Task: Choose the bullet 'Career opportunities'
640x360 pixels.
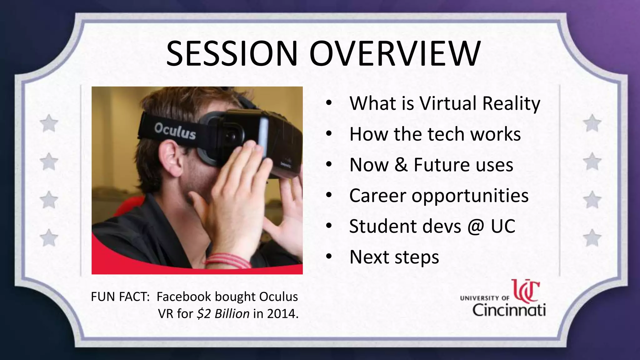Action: pos(439,196)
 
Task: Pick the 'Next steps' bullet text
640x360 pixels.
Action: pos(394,257)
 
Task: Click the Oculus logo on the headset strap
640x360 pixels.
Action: pos(175,131)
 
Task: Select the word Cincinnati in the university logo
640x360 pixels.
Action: pos(509,310)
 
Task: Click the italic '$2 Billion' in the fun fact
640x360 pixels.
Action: pos(223,313)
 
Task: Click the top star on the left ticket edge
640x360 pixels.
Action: pos(49,123)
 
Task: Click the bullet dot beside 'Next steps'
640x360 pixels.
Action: pos(328,257)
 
